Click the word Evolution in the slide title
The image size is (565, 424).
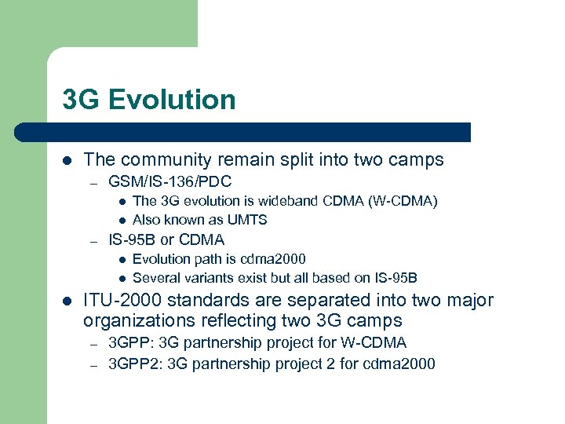pyautogui.click(x=172, y=100)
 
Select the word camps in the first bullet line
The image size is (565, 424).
pyautogui.click(x=417, y=160)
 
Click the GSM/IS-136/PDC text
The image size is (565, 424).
pyautogui.click(x=169, y=182)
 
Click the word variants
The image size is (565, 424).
pyautogui.click(x=210, y=277)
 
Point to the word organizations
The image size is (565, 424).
pyautogui.click(x=138, y=320)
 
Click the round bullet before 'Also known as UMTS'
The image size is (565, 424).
pyautogui.click(x=122, y=221)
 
